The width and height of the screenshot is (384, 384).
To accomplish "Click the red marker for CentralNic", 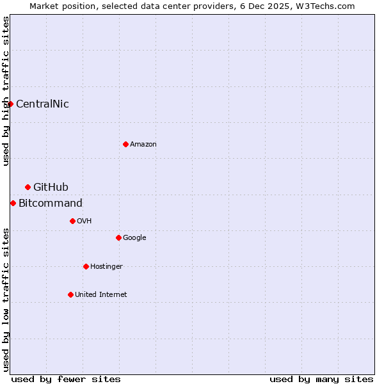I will [10, 104].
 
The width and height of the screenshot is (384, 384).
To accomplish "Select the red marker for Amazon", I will [125, 144].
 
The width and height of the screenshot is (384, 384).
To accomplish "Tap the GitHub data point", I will [28, 187].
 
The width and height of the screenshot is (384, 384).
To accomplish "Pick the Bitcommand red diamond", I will [13, 203].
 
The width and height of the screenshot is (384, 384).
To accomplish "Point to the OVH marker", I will [72, 221].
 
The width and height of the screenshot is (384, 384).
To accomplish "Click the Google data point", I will [118, 237].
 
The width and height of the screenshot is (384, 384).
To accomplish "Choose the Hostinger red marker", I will [86, 266].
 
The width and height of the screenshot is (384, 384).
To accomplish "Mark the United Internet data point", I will [70, 294].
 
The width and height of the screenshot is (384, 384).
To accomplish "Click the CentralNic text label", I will [42, 104].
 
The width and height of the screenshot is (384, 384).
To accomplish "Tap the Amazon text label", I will [143, 145].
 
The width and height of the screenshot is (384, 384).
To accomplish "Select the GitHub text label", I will [51, 188].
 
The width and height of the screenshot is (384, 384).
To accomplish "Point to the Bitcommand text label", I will [51, 204].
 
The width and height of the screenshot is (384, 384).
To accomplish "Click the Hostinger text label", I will [106, 267].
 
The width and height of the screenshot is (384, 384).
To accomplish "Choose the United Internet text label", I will [101, 295].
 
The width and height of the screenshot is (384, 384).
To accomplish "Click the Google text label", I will [134, 238].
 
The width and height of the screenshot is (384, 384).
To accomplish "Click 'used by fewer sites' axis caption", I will [66, 379].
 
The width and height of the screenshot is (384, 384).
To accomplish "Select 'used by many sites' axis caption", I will [321, 379].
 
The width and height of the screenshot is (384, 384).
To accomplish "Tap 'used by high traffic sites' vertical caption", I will [6, 91].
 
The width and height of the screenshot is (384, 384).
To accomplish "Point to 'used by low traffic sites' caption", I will [6, 300].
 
